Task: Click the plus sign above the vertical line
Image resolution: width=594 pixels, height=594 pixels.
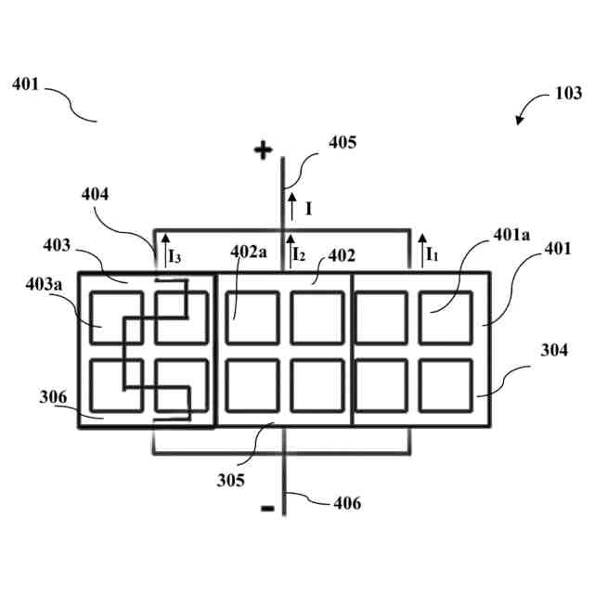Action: [x=265, y=149]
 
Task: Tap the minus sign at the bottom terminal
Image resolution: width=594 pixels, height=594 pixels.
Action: [x=267, y=509]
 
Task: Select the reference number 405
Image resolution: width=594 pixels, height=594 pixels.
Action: [x=342, y=143]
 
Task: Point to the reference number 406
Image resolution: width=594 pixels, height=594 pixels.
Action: [x=347, y=504]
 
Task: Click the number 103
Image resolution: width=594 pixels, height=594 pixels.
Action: [x=568, y=94]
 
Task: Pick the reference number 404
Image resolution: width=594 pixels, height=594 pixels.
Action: [x=95, y=195]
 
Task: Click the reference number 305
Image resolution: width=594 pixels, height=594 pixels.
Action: [x=231, y=481]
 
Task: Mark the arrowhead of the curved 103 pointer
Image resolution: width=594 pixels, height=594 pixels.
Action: [x=521, y=121]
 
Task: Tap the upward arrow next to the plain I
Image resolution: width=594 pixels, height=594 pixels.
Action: [x=291, y=205]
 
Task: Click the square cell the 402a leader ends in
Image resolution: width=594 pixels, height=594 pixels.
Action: [x=251, y=317]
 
